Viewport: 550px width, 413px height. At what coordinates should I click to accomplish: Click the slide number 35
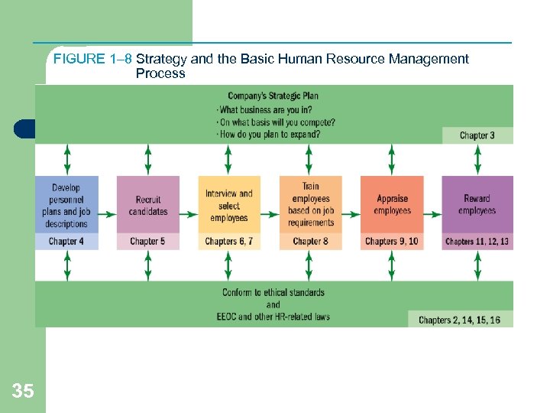coord(23,392)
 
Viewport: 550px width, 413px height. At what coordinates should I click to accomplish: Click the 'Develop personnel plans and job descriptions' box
coord(67,205)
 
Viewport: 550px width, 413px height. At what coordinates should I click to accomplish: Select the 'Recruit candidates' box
coord(148,205)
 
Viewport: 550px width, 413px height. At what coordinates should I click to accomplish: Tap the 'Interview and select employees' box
coord(228,205)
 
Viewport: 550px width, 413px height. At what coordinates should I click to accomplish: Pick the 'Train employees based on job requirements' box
coord(310,205)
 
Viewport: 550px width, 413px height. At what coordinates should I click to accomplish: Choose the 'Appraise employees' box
coord(392,205)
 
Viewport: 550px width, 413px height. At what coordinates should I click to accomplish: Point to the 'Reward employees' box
coord(477,205)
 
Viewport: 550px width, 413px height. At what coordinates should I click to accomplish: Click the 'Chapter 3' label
coord(477,135)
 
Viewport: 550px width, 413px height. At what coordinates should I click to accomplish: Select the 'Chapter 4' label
coord(67,242)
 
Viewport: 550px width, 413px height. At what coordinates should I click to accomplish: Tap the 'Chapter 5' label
coord(148,242)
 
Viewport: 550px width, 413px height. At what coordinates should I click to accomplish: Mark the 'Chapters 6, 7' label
coord(228,242)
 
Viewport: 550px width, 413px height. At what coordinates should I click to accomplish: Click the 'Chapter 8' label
coord(310,242)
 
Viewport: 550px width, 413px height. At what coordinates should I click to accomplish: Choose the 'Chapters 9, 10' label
coord(392,242)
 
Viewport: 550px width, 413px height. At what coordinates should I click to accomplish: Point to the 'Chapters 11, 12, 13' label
coord(477,242)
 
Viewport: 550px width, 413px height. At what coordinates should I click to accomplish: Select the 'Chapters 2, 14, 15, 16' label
coord(459,320)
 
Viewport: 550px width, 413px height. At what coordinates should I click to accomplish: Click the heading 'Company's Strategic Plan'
coord(273,96)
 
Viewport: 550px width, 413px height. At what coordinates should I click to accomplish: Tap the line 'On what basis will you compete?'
coord(276,122)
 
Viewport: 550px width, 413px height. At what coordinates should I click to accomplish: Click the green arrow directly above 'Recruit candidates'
coord(148,160)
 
